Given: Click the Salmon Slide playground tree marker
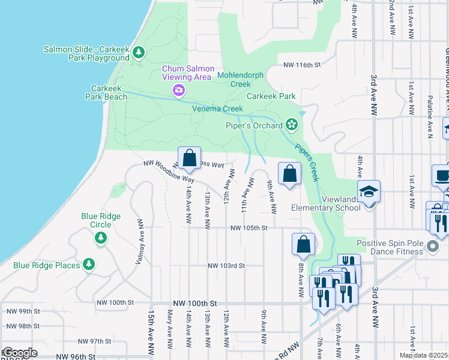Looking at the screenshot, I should click(139, 53).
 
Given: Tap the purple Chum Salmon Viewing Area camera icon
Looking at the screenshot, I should click(179, 90).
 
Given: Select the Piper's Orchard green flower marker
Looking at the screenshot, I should click(292, 125).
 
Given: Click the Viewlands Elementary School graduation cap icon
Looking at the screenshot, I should click(369, 192).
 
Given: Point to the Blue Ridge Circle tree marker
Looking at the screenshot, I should click(101, 239).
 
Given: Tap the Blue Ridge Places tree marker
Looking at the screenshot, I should click(89, 264).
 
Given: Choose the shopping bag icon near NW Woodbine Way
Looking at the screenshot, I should click(189, 159).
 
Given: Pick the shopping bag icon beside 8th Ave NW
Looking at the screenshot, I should click(303, 245).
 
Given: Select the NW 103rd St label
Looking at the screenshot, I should click(227, 266).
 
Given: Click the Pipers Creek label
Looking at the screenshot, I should click(306, 162).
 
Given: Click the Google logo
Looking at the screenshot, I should click(19, 353).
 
